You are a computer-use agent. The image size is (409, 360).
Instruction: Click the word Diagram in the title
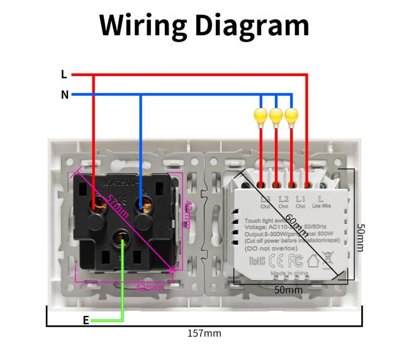pos(251,26)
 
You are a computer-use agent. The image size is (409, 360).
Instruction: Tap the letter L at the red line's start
pos(64,75)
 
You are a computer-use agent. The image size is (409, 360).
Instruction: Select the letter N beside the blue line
pos(64,95)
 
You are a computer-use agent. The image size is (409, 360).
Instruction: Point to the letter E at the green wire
pos(86,320)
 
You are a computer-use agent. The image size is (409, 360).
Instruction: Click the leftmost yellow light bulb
pos(261,116)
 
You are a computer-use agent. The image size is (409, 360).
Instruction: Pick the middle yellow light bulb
pos(276,116)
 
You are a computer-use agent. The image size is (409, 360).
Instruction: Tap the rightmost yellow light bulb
pos(291,116)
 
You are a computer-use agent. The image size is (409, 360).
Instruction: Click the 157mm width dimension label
pos(204,333)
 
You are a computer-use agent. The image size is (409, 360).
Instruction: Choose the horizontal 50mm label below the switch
pos(289,290)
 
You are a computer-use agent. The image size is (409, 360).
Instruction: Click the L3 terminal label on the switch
pos(265,200)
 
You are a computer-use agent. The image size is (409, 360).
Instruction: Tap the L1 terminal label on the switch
pos(300,200)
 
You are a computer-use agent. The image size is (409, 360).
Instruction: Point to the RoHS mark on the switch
pos(257,259)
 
